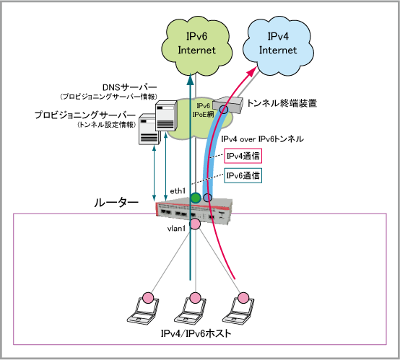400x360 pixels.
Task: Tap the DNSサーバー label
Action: [129, 87]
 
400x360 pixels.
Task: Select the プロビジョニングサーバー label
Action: [85, 115]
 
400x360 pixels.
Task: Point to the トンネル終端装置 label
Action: [282, 103]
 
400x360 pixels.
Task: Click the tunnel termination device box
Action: [227, 105]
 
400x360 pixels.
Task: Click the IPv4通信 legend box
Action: [243, 156]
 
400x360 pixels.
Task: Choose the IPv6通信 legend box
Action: [243, 175]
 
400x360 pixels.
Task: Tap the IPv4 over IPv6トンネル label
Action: [262, 139]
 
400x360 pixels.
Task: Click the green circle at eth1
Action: [196, 198]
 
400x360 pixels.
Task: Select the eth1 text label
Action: [178, 191]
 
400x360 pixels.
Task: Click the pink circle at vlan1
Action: [195, 224]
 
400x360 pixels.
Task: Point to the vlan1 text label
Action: [176, 229]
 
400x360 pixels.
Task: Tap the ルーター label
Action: [116, 203]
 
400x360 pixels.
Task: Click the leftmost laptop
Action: [144, 310]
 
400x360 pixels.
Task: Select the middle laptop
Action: [191, 310]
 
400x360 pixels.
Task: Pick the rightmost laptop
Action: [238, 310]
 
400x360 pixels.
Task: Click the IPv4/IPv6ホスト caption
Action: [196, 333]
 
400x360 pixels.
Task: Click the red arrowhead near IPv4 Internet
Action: [252, 71]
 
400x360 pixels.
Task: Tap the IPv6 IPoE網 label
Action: [204, 110]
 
